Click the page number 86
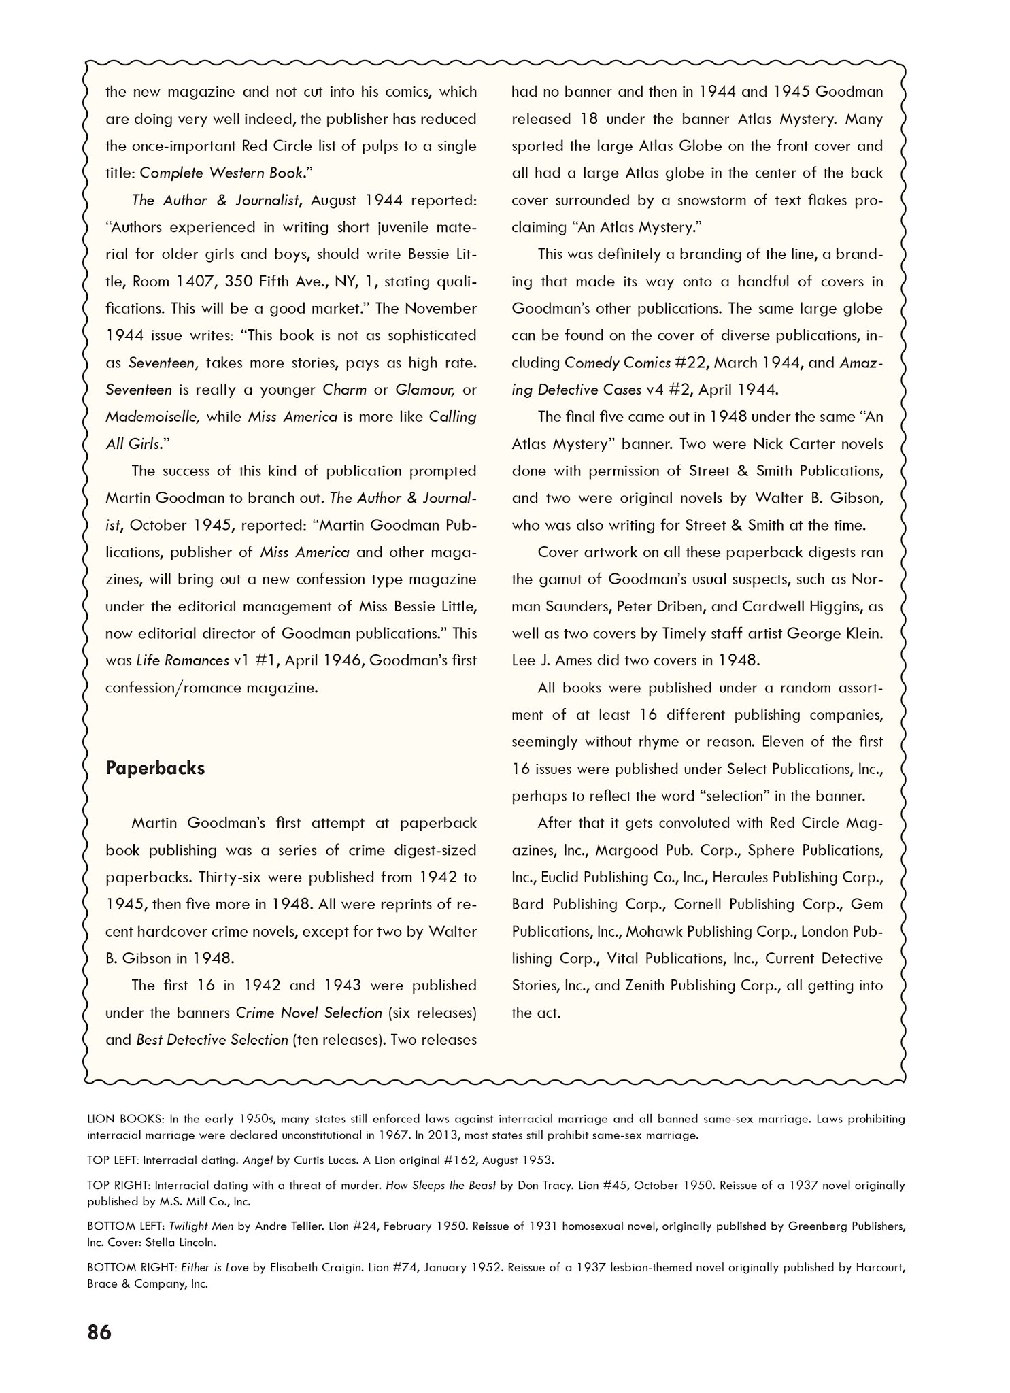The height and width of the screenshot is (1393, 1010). tap(99, 1352)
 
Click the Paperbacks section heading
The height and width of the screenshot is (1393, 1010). tap(155, 768)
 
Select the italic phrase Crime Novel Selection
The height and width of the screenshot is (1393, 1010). tap(309, 1012)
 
